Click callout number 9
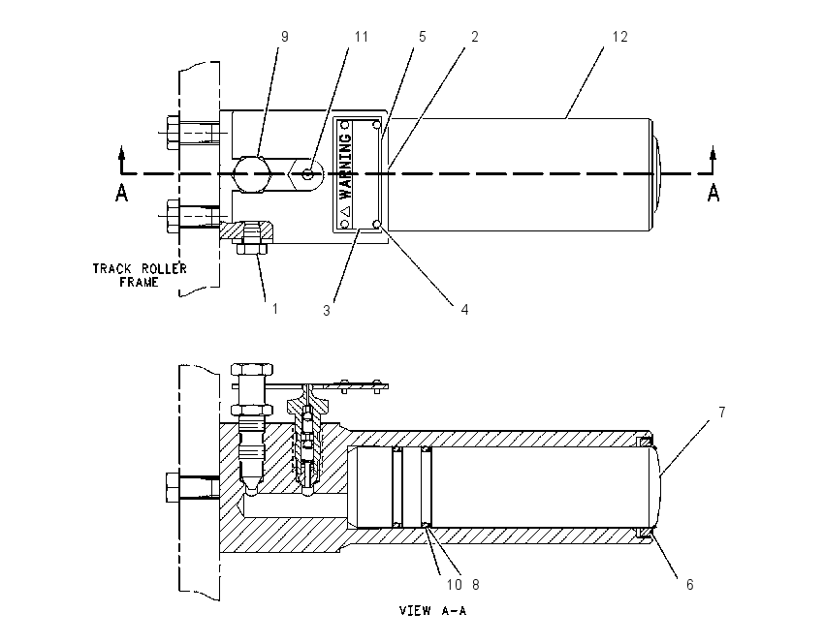[x=285, y=37]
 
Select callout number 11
[x=361, y=37]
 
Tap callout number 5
[x=422, y=37]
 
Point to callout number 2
[x=475, y=37]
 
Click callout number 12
[x=620, y=37]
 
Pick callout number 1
[x=275, y=309]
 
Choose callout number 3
[x=327, y=310]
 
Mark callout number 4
[x=464, y=310]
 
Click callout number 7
[x=722, y=413]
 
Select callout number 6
[x=689, y=584]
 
